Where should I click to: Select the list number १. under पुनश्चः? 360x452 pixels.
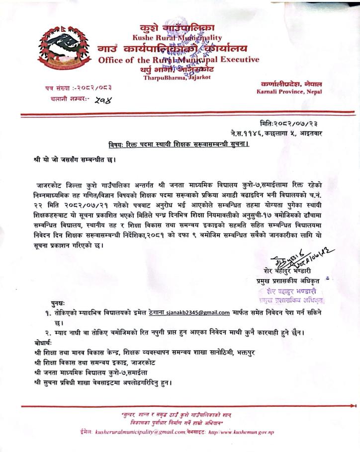coord(48,313)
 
